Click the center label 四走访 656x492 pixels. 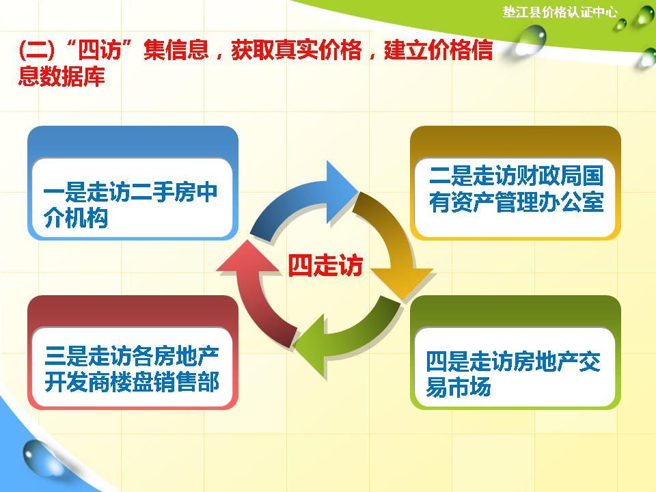coord(325,265)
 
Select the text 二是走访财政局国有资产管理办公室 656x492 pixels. coord(516,189)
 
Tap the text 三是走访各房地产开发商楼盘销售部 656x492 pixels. coord(132,369)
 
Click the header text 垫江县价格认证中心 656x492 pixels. coord(560,12)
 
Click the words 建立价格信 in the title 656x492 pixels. coord(438,51)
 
